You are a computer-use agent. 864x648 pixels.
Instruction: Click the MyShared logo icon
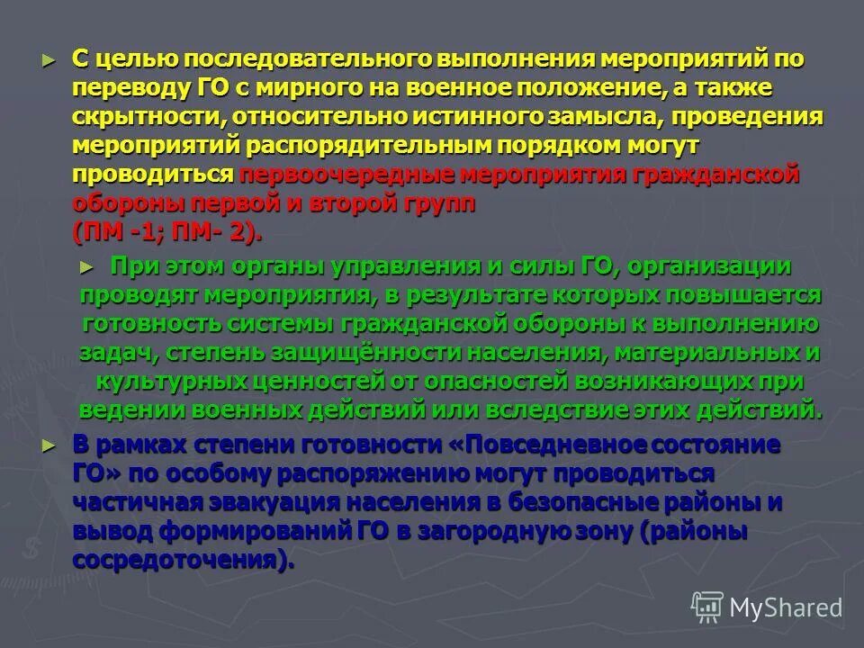(x=706, y=607)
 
